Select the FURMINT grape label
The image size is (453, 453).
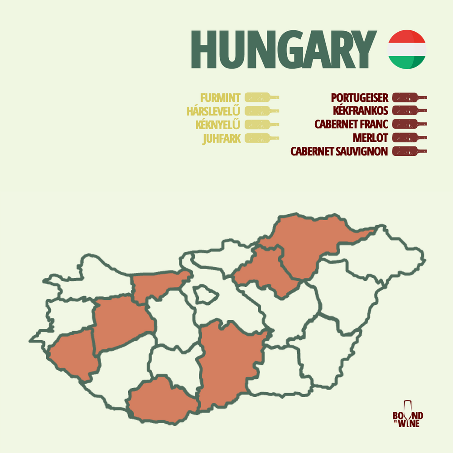[x=220, y=97]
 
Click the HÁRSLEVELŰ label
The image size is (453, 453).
[x=213, y=111]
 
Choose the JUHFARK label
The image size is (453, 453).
[x=222, y=139]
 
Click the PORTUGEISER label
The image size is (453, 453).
[x=360, y=97]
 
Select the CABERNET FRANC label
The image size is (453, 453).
[x=352, y=124]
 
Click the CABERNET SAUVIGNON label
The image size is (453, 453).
[x=339, y=151]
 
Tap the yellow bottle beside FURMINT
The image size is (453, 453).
[x=261, y=97]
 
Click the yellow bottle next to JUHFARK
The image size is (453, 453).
[x=261, y=138]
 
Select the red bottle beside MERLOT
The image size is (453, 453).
[x=409, y=138]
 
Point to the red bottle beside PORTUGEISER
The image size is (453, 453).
[x=409, y=97]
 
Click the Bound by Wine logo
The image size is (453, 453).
[x=408, y=414]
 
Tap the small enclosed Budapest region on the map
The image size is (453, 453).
[x=205, y=295]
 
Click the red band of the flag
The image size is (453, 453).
[x=407, y=36]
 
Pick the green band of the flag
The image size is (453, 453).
[x=407, y=63]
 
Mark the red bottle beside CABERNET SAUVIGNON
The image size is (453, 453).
[x=409, y=151]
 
